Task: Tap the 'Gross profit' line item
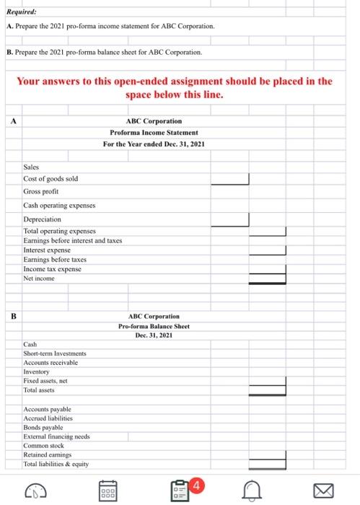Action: [41, 192]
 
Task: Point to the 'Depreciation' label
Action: [43, 219]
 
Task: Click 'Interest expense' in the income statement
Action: [48, 250]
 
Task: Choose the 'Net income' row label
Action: [40, 278]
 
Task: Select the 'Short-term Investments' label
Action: [53, 353]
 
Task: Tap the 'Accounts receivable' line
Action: [51, 363]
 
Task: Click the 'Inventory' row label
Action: [38, 372]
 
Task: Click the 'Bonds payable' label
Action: [44, 427]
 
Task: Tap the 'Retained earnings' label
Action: [48, 455]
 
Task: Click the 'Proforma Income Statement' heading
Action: [154, 133]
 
